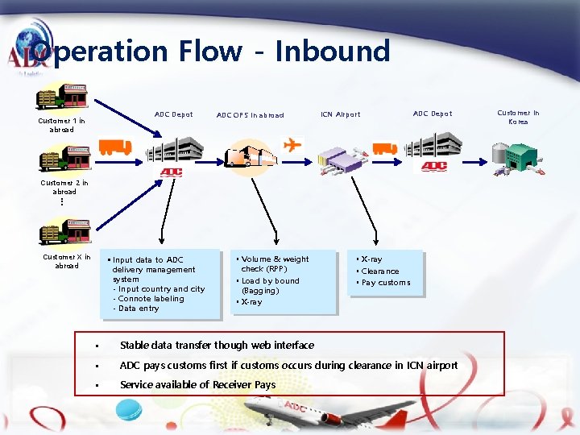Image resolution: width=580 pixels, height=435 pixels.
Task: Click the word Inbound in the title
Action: point(332,52)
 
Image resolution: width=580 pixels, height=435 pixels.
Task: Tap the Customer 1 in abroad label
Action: point(61,125)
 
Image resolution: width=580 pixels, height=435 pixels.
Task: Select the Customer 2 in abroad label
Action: point(64,187)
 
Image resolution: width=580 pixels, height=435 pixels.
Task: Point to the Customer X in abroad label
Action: point(67,261)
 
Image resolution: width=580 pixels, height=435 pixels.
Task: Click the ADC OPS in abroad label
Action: point(250,115)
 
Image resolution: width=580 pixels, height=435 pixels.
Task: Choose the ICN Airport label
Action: point(340,114)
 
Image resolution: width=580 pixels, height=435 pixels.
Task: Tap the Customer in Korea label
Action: point(518,117)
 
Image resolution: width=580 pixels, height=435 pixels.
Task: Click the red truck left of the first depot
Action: point(114,147)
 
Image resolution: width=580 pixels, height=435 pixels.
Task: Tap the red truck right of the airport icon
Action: point(384,148)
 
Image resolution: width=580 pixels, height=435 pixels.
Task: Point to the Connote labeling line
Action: point(151,299)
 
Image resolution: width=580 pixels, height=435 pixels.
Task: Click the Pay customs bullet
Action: point(386,283)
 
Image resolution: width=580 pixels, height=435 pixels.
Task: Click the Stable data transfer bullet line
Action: point(217,346)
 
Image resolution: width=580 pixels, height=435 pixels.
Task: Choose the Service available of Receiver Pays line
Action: point(197,385)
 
